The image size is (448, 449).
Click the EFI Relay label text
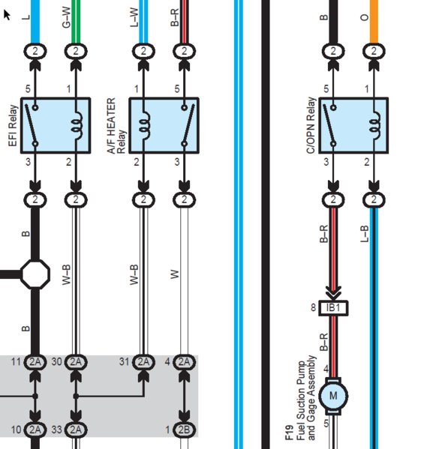coord(13,126)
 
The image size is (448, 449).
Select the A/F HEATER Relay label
coord(116,126)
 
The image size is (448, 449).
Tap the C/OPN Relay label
coord(311,125)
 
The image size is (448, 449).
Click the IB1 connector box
coord(333,308)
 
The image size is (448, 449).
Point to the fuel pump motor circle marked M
coord(333,396)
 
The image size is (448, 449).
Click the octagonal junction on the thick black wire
coord(35,274)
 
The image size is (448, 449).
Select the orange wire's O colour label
coord(364,17)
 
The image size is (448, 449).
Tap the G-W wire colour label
coord(66,17)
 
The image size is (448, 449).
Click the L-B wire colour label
coord(364,234)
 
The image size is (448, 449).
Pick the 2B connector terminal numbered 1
coord(184,430)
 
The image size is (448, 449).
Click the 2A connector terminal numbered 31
coord(143,362)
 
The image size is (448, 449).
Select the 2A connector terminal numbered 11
coord(35,362)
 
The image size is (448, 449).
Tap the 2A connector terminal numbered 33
coord(76,430)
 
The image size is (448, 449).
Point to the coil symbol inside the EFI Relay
coord(77,125)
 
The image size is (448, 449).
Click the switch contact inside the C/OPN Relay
coord(329,125)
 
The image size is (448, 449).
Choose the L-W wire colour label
coord(134,17)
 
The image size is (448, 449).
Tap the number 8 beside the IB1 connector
coord(313,307)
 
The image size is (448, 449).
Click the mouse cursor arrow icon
coord(7,15)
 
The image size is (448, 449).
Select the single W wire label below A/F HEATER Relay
coord(175,274)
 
